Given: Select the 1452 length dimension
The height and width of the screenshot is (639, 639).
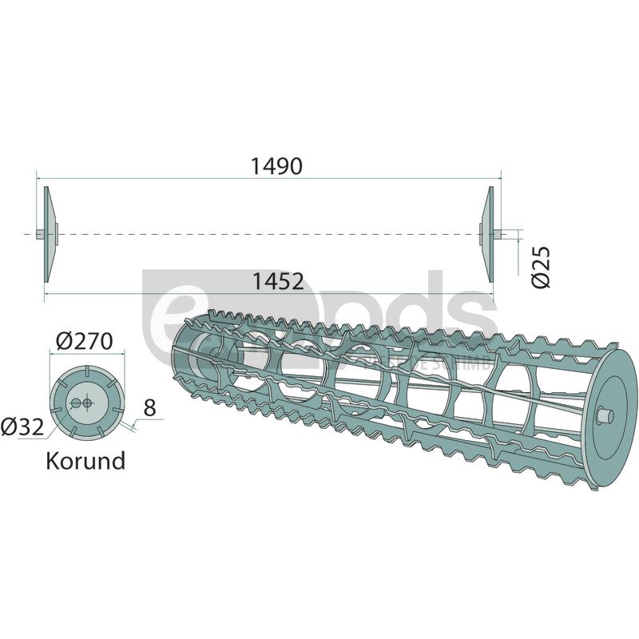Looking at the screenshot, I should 277,281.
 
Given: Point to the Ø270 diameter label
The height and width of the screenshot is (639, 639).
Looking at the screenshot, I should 84,342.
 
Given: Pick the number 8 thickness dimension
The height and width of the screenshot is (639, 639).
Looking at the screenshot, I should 150,408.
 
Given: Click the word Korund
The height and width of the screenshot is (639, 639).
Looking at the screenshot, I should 85,461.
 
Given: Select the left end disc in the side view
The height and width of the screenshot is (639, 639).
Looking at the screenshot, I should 47,233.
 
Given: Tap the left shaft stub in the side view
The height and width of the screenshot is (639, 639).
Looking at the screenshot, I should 39,233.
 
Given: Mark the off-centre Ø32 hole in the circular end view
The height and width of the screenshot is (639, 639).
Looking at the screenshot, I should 75,404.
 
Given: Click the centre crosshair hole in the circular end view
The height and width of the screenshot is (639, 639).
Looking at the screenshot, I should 86,403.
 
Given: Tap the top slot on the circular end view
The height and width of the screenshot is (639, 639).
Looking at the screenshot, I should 85,373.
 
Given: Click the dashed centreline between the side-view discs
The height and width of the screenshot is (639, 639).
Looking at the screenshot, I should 264,233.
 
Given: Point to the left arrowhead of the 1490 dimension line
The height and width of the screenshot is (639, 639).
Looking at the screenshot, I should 39,177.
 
